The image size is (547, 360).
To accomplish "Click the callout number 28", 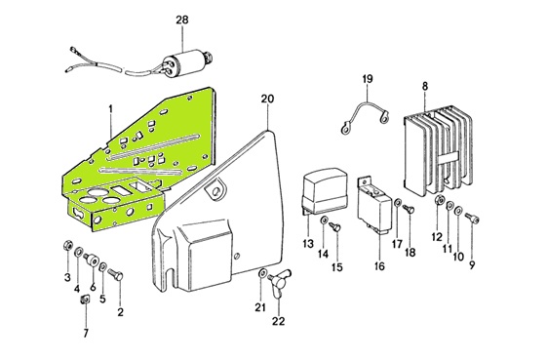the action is click(181, 20).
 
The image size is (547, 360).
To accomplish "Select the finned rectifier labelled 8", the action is click(438, 150).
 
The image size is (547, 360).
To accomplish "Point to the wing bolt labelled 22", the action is click(280, 282).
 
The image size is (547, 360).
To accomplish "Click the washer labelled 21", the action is click(261, 273).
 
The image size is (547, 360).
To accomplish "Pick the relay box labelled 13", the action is click(325, 191).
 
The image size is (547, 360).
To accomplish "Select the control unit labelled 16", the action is click(374, 205).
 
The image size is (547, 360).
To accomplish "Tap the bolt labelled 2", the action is click(115, 274).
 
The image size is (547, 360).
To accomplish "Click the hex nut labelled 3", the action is click(67, 245).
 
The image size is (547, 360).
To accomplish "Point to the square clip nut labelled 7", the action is click(85, 300).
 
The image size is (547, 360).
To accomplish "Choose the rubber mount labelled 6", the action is click(92, 260).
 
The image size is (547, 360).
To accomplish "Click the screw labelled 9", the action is click(472, 218).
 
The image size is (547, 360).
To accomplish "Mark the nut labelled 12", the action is click(440, 200).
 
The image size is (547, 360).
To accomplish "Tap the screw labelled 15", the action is click(335, 227).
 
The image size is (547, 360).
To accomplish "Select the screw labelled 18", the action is click(409, 209).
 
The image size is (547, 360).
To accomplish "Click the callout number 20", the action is click(267, 100).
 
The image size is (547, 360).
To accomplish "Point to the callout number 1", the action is click(110, 109).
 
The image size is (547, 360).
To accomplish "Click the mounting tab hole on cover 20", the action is click(215, 190).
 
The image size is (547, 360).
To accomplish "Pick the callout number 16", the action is click(379, 266).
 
